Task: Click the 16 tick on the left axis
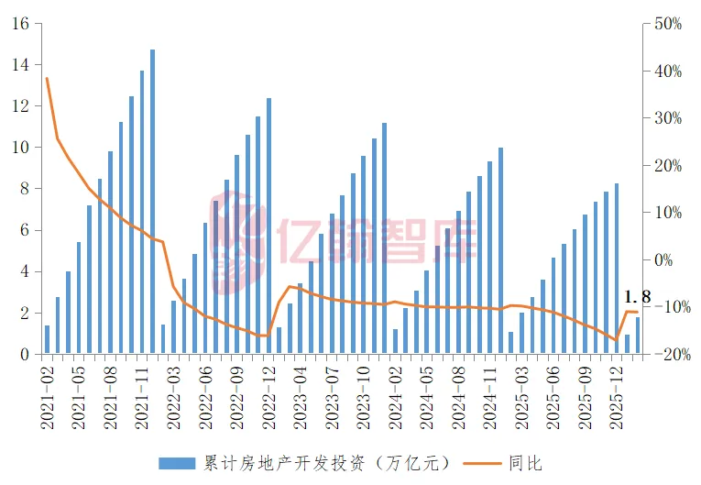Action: click(x=21, y=24)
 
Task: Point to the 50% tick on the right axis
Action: click(x=664, y=24)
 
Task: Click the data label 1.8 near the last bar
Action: click(x=637, y=297)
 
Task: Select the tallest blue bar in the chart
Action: click(x=152, y=202)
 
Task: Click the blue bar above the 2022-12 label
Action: click(x=268, y=226)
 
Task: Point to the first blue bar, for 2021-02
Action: click(x=48, y=339)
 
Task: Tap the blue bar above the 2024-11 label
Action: click(x=500, y=250)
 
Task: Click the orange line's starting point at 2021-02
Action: click(x=47, y=79)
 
